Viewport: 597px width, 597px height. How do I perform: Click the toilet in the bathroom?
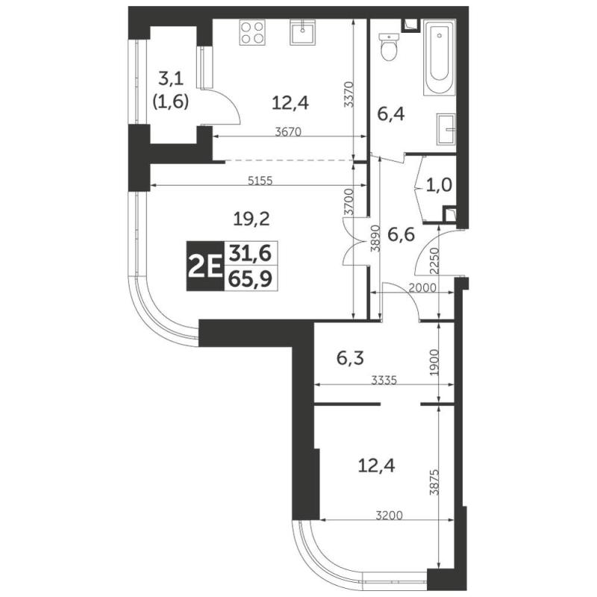[389, 47]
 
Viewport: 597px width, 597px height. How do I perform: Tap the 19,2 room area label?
[251, 219]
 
